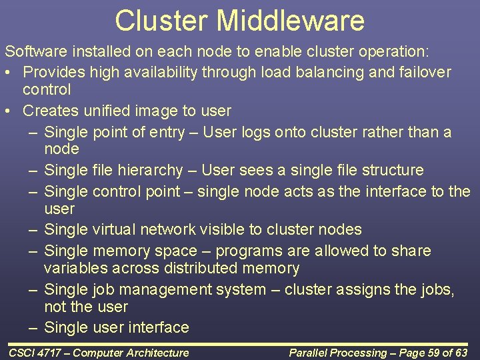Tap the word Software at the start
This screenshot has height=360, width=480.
point(33,51)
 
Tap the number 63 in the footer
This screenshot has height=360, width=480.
point(461,353)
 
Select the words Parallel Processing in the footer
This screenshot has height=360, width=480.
point(337,353)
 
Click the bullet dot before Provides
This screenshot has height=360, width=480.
point(8,72)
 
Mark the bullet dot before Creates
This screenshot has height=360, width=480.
point(8,111)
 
